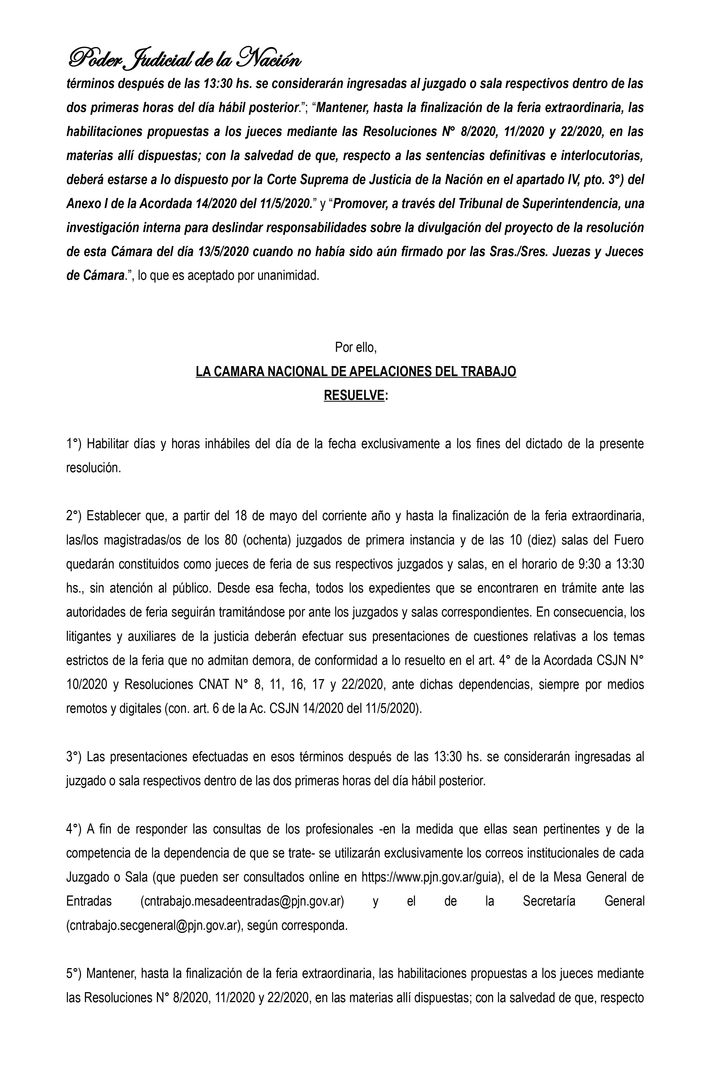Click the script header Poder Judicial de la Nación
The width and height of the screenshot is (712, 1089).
[184, 59]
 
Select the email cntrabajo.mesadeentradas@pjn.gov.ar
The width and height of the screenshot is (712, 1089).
[243, 901]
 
